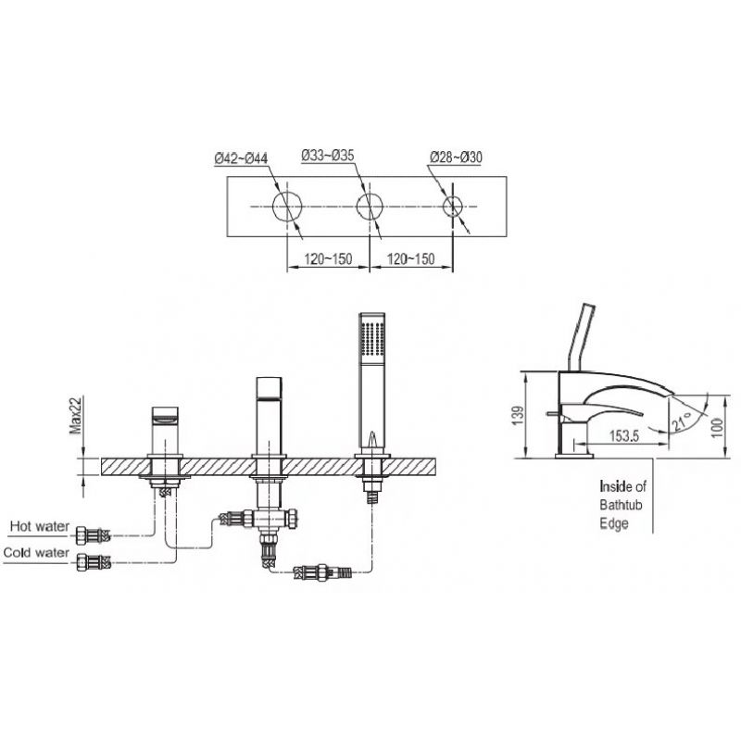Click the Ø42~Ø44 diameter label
241,157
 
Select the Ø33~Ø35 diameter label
328,155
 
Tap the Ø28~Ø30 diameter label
456,157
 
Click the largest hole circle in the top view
287,207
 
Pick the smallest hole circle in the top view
453,207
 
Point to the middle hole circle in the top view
370,207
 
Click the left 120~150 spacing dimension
328,259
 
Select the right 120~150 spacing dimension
410,259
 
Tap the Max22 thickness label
76,415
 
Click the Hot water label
40,526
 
